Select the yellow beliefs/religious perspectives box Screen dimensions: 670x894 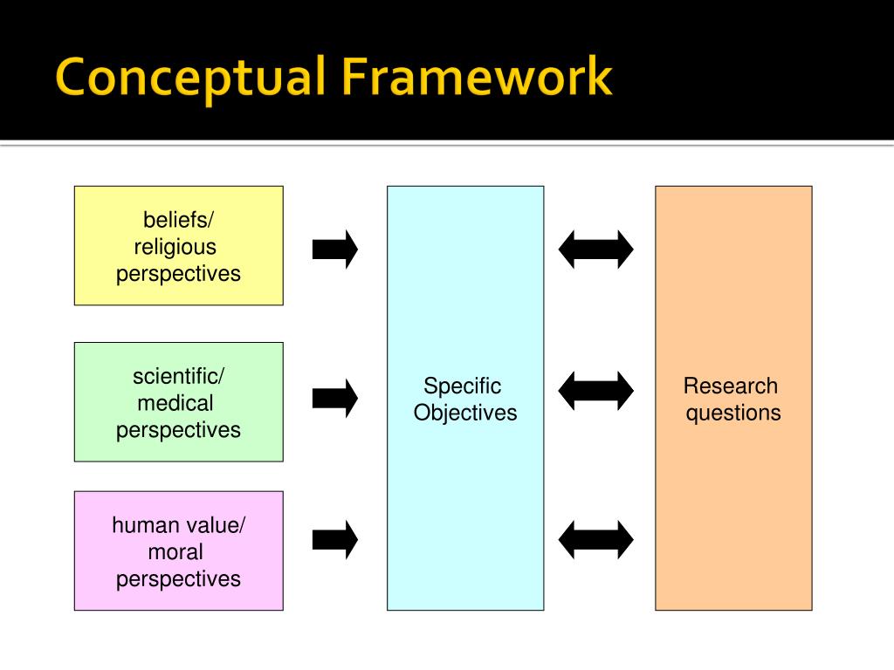[x=178, y=245]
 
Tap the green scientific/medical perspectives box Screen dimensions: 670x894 [x=178, y=401]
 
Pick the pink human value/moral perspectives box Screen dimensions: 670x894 [x=178, y=550]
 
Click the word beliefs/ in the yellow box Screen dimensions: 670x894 [x=178, y=220]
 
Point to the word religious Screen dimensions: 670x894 [x=175, y=247]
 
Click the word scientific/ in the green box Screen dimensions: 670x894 [x=178, y=377]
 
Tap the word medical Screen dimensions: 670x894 [x=175, y=403]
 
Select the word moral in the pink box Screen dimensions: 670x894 [x=175, y=551]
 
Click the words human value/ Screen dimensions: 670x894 [x=178, y=525]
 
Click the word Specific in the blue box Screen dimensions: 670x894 [x=463, y=386]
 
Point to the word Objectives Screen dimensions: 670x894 [x=465, y=413]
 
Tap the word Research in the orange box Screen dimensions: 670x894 [x=731, y=386]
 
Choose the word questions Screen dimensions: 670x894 [x=733, y=413]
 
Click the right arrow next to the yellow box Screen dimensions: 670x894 [x=335, y=250]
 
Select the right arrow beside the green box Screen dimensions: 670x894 [x=335, y=399]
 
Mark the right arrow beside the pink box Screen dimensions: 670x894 [x=335, y=539]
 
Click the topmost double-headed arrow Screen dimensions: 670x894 [x=596, y=250]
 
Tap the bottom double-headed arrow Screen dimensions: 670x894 [x=596, y=539]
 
